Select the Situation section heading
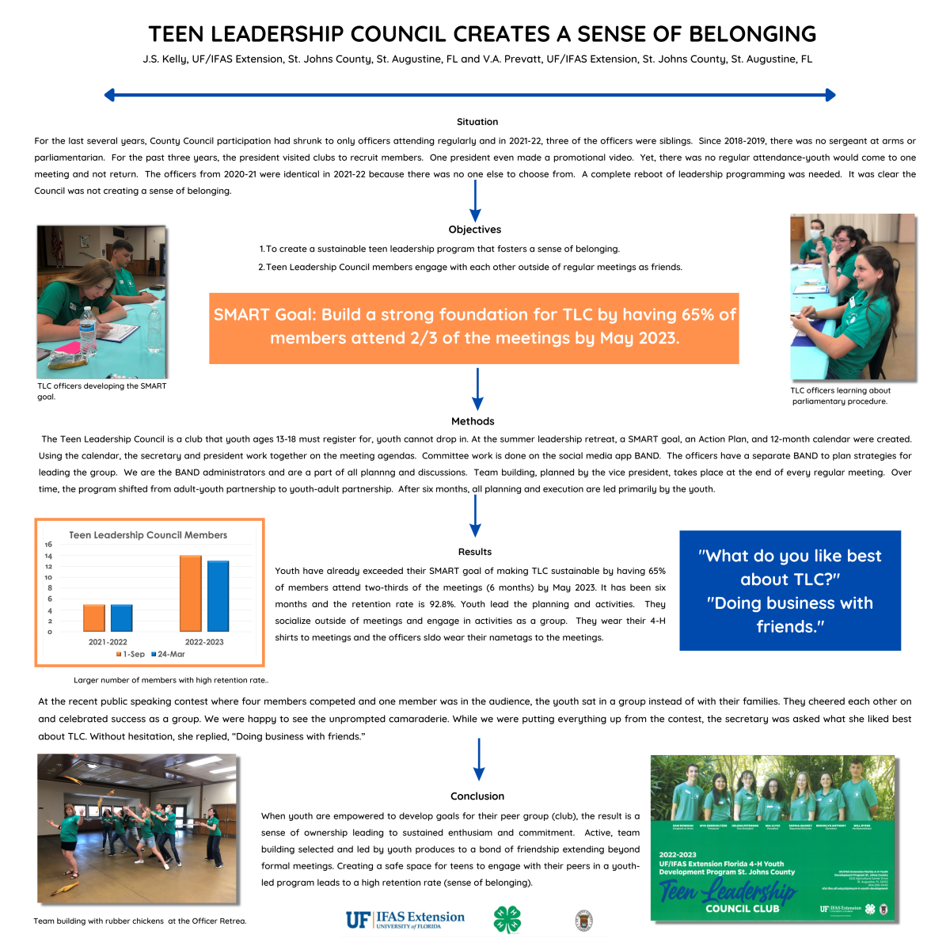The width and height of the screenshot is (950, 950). tap(477, 122)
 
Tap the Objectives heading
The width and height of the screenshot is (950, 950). tap(475, 230)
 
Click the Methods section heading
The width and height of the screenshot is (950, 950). tap(473, 421)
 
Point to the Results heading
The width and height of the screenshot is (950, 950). tap(475, 552)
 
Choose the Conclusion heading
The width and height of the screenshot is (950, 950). tap(477, 796)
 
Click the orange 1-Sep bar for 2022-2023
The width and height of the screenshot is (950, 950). tap(191, 593)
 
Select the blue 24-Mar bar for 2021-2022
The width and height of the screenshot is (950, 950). tap(122, 617)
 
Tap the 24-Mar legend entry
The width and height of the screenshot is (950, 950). tap(168, 654)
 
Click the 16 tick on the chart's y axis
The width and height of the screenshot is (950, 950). tap(48, 545)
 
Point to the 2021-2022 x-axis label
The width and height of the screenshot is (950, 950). tap(108, 642)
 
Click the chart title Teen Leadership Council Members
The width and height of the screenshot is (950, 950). tap(148, 535)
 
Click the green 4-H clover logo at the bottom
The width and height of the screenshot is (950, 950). tap(507, 920)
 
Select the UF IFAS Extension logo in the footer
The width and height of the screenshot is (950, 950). tap(405, 919)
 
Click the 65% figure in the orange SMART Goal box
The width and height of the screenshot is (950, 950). tap(697, 314)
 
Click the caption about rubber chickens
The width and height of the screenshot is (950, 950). tap(140, 921)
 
